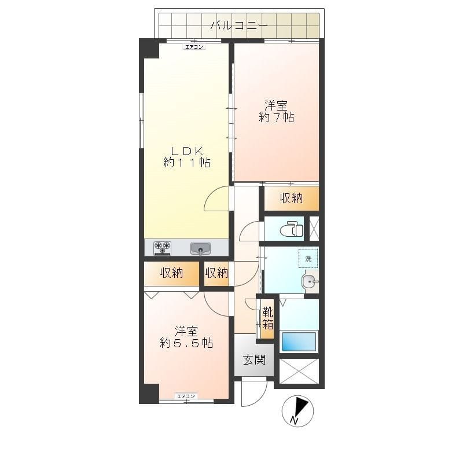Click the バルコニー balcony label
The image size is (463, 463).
tap(239, 25)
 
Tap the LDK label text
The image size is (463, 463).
tap(187, 151)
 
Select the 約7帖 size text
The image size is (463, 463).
tap(277, 117)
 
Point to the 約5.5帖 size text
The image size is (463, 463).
tap(186, 343)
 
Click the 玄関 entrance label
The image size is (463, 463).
tap(254, 359)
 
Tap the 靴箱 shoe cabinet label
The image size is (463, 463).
tap(267, 318)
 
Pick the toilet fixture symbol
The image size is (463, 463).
tap(292, 229)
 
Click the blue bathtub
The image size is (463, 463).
tap(299, 341)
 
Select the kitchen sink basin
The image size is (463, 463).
tap(200, 248)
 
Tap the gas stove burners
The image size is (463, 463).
tap(163, 248)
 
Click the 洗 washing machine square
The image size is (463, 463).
tap(308, 258)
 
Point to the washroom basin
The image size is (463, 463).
tap(309, 281)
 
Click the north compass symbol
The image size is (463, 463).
tap(297, 411)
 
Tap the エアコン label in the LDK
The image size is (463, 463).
tap(194, 47)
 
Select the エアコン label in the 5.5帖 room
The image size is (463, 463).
tap(186, 396)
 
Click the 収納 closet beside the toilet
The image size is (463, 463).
tap(292, 198)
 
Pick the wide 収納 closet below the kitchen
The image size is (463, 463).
tap(171, 273)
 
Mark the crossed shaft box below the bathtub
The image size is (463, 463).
tap(299, 371)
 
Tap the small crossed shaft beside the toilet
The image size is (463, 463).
tap(314, 228)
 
